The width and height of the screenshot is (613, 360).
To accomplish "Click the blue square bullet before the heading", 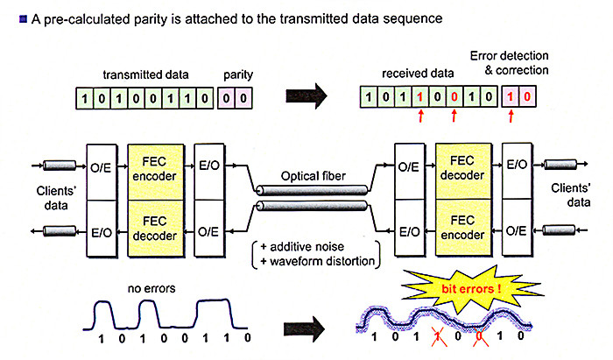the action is click(23, 18).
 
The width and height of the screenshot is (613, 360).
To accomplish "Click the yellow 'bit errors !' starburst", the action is click(471, 288).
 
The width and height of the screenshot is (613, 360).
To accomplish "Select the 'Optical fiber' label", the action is click(314, 176).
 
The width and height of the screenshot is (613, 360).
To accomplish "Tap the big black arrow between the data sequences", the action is click(306, 95).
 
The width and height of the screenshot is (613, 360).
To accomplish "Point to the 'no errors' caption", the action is click(151, 288).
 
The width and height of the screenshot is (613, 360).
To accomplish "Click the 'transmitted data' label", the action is click(145, 74).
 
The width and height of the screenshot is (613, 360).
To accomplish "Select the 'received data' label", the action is click(418, 74).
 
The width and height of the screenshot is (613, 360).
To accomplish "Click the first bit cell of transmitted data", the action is click(84, 98).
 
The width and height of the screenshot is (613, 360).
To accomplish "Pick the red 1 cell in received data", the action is click(420, 96).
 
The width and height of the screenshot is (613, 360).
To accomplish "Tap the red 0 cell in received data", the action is click(454, 96).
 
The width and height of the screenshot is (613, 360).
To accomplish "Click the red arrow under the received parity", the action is click(511, 116).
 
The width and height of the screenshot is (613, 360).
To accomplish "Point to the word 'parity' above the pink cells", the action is click(238, 74).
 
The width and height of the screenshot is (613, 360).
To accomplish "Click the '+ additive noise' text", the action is click(302, 247).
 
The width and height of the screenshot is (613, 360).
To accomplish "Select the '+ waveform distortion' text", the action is click(317, 261).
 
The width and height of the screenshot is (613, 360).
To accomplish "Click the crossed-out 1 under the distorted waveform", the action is click(439, 336).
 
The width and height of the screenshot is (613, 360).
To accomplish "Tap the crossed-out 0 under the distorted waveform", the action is click(480, 336).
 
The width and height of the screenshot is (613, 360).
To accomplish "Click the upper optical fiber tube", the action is click(312, 190).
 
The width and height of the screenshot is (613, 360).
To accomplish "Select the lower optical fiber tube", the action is click(312, 206).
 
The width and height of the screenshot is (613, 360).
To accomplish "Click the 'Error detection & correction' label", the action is click(509, 63).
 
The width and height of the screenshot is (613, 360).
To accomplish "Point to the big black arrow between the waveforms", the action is click(304, 328).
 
